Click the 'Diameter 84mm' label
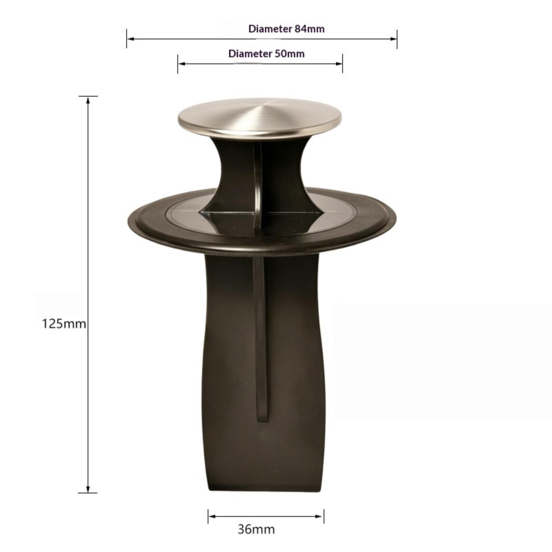tap(286, 29)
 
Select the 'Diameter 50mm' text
tap(266, 54)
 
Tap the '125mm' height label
tap(64, 324)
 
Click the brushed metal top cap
tap(260, 117)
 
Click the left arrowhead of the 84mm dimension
tap(130, 39)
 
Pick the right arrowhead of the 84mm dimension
tap(393, 39)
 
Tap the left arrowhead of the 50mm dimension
tap(181, 63)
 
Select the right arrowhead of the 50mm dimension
tap(339, 63)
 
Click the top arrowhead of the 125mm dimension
tap(88, 100)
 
